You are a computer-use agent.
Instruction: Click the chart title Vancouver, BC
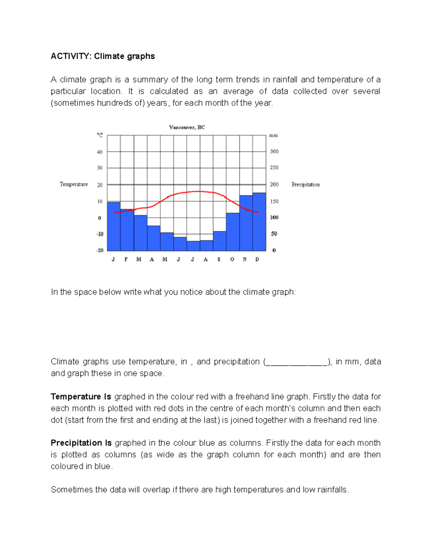(187, 127)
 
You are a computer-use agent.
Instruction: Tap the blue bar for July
(193, 246)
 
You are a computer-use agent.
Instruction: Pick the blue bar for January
(114, 226)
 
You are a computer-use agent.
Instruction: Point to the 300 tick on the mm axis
(274, 152)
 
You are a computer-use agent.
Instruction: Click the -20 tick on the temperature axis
(100, 250)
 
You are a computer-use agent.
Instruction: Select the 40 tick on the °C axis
(100, 152)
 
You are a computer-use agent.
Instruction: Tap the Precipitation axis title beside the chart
(305, 185)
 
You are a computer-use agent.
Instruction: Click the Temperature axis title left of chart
(74, 184)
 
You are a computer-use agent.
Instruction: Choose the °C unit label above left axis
(100, 135)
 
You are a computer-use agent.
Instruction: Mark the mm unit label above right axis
(274, 136)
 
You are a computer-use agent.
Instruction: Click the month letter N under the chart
(245, 259)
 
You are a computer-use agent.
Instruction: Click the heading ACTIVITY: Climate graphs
(103, 56)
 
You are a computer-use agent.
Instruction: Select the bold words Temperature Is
(81, 397)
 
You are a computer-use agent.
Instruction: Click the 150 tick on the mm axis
(274, 202)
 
